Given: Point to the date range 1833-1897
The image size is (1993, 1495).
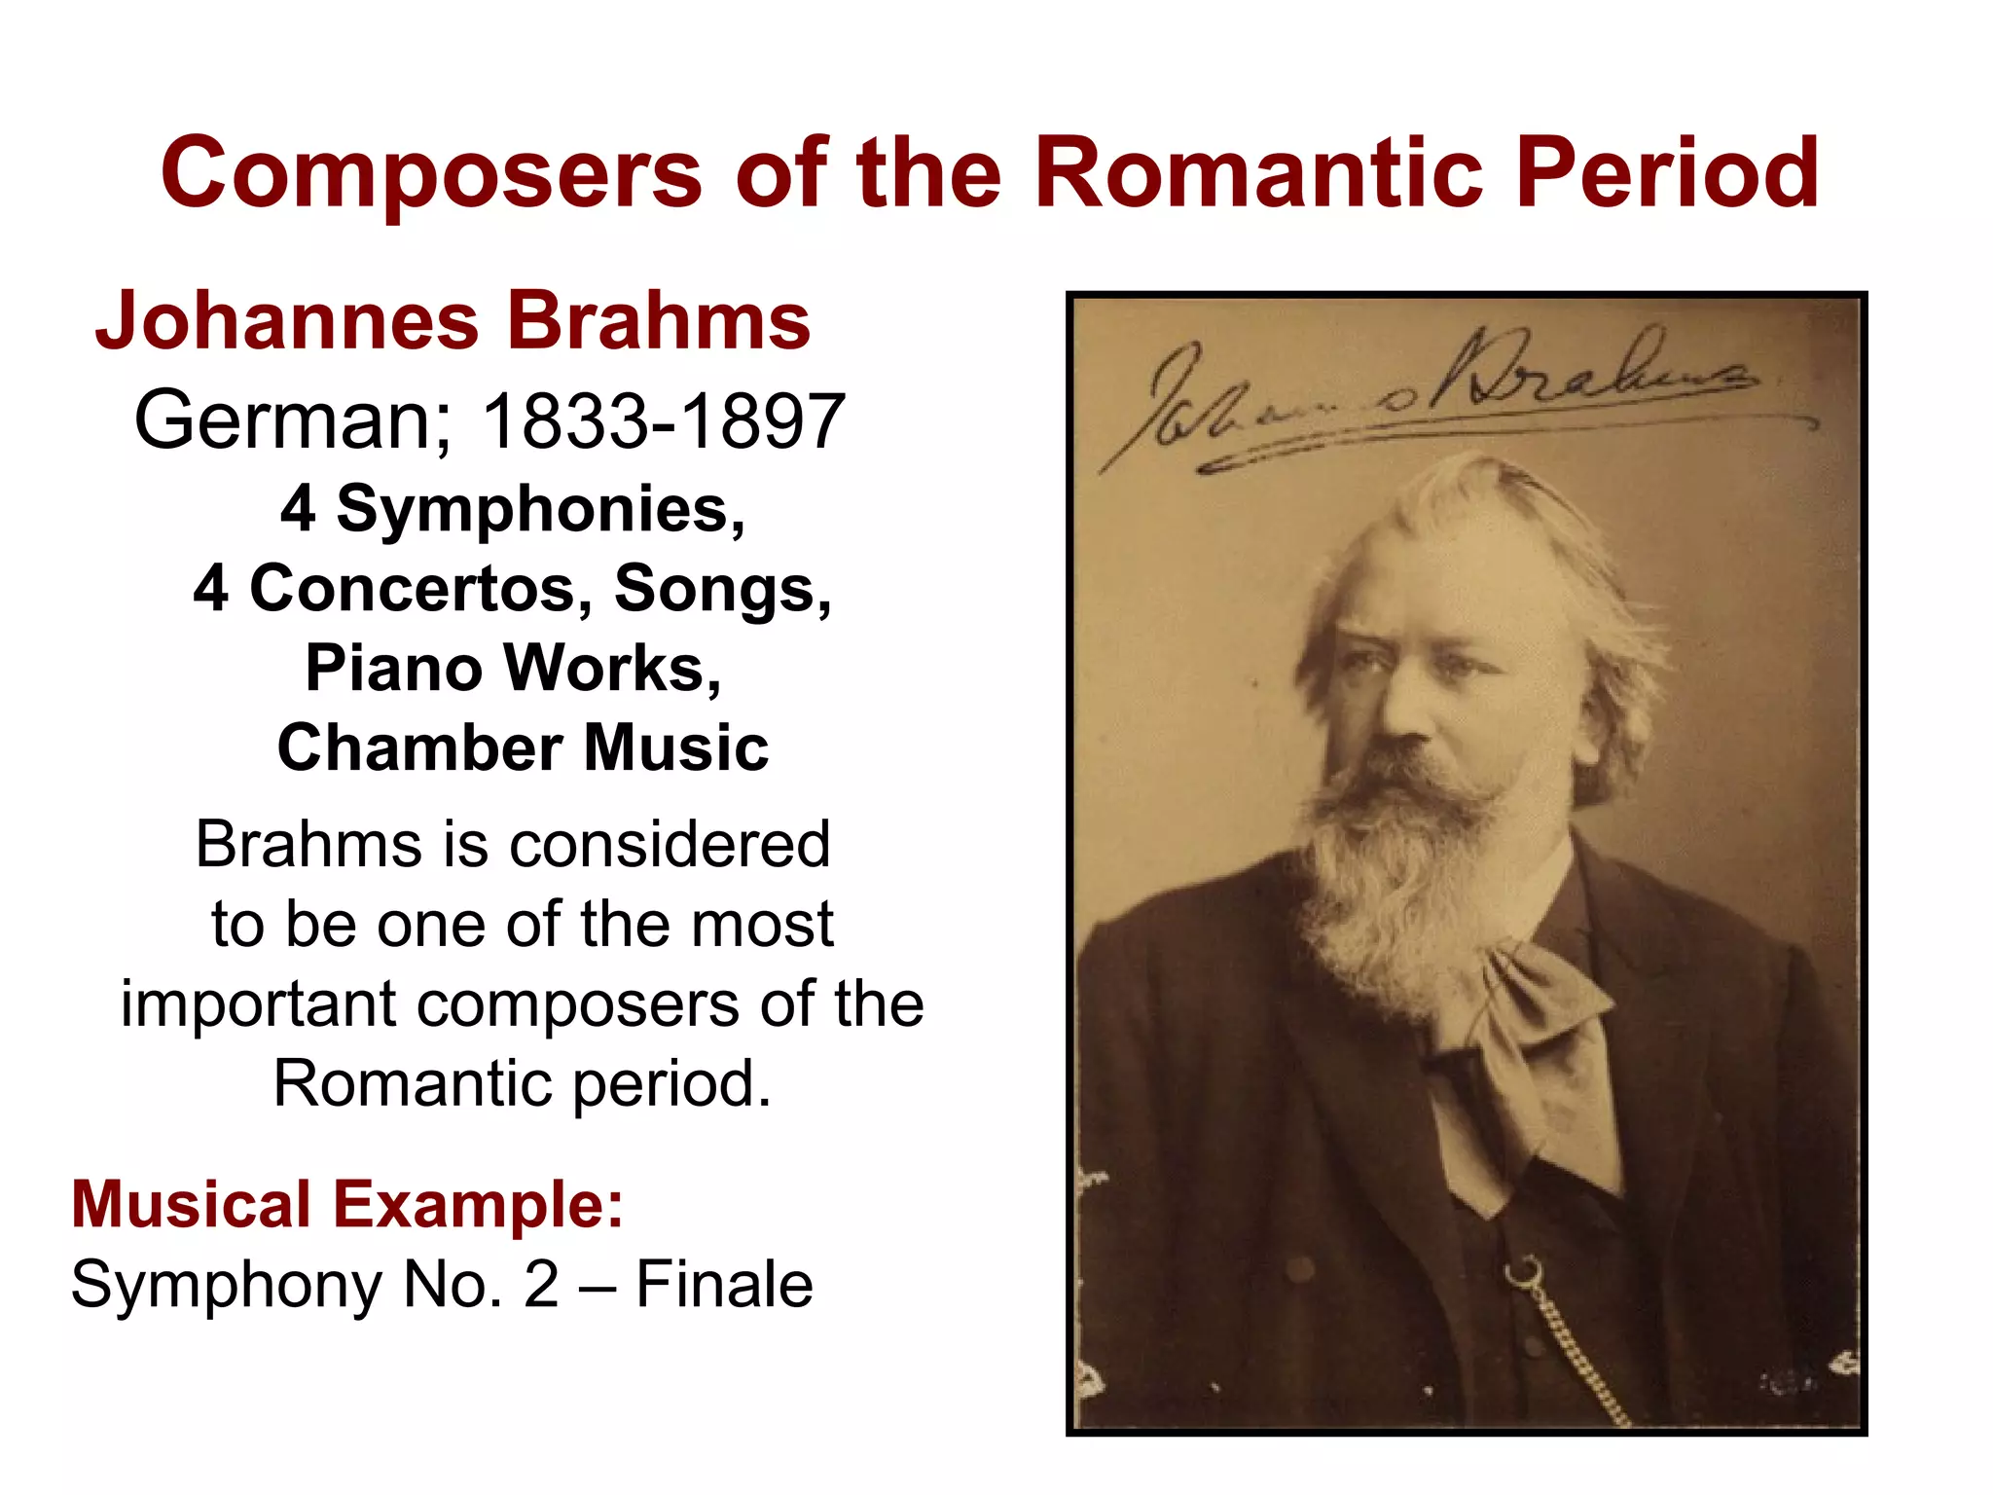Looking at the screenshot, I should [x=664, y=420].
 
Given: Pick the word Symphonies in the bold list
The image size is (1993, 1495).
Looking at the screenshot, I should [x=540, y=510].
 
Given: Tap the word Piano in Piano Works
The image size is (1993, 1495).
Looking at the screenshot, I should [x=393, y=669].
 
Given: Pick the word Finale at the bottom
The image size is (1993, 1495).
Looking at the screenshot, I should [x=724, y=1285].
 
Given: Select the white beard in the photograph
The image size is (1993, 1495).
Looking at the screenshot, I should [x=1401, y=876].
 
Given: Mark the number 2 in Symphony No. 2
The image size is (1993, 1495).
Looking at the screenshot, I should [x=541, y=1285].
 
